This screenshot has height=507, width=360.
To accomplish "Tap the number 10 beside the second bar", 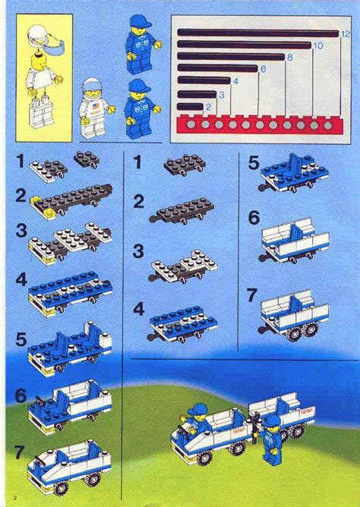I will coord(317,46).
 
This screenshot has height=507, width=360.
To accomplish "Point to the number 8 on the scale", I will coord(289,57).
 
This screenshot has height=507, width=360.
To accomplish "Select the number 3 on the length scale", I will coord(221,94).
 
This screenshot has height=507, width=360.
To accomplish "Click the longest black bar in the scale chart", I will coord(257,33).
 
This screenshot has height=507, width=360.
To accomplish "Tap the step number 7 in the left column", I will coord(18,454).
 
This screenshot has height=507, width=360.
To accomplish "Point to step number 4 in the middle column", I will coord(138,310).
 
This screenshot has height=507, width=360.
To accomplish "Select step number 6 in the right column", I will coord(253,219).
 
